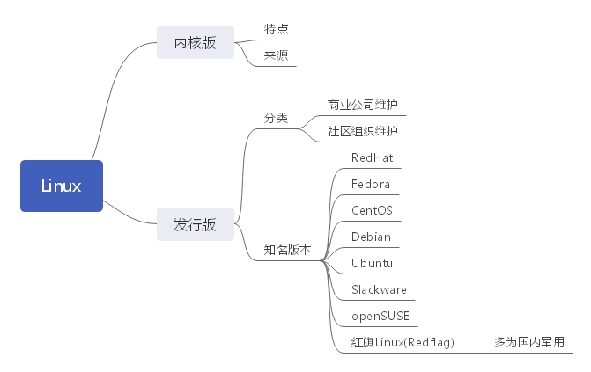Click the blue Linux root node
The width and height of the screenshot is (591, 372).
point(62,186)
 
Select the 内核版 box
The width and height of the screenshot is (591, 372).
point(195,42)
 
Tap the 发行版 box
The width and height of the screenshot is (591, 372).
point(195,224)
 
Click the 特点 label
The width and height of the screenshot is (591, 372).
point(277,29)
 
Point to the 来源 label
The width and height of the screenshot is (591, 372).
point(277,55)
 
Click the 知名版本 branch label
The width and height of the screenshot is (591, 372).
point(288,249)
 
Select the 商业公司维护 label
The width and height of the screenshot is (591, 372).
point(362,105)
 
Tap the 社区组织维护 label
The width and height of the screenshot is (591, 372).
point(362,131)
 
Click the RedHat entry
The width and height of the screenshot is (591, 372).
point(372,157)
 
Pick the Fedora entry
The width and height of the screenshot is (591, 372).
point(371,184)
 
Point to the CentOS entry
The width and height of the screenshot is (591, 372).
point(372,210)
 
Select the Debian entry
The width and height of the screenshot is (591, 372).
point(371,237)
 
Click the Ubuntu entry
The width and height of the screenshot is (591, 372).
point(372,263)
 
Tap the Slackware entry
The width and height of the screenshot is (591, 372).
point(379,289)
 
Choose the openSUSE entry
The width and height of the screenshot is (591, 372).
point(380,316)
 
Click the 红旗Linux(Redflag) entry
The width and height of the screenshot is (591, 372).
point(403,342)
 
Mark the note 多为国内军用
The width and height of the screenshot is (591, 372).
point(529,342)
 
